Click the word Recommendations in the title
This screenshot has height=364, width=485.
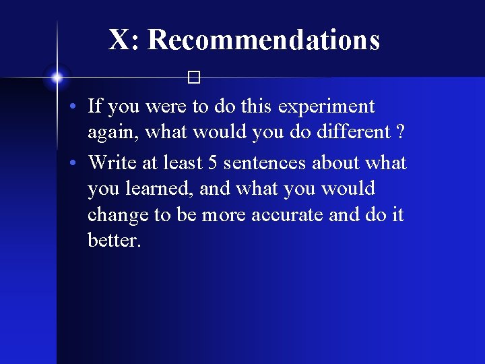coord(263,40)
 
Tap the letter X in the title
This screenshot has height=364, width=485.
coord(119,40)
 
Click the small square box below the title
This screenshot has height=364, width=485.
coord(195,79)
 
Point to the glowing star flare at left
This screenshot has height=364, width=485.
coord(57,78)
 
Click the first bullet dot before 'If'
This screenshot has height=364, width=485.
coord(78,107)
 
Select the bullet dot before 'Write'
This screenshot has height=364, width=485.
coord(78,164)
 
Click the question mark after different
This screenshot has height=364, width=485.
coord(401,133)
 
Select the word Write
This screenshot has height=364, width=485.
coord(112,162)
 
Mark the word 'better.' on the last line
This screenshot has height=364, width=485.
coord(114,240)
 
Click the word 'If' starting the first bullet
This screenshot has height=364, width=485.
coord(94,106)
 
